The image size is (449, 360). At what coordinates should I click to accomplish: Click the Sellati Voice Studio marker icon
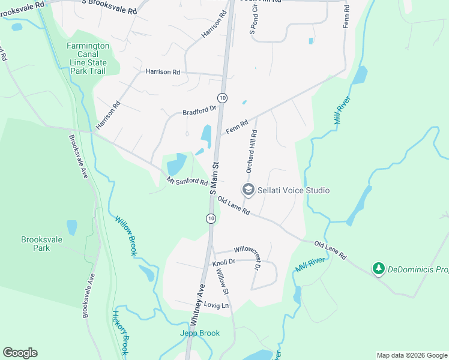(247, 190)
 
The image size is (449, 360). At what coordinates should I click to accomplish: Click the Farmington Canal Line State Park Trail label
(88, 58)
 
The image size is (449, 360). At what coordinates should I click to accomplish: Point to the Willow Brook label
(126, 236)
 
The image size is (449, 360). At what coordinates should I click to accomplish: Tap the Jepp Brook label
(200, 333)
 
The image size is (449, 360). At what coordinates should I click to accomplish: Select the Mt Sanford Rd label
(187, 182)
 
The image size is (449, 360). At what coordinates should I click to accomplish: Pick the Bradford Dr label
(199, 111)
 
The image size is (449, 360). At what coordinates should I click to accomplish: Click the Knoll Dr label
(223, 262)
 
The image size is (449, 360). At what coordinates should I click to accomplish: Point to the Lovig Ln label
(217, 305)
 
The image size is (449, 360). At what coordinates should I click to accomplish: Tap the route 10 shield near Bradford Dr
(222, 97)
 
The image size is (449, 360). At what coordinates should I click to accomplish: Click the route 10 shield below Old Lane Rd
(211, 218)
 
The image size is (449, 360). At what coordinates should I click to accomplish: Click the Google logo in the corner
(20, 353)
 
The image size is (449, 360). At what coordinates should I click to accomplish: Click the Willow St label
(223, 281)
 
